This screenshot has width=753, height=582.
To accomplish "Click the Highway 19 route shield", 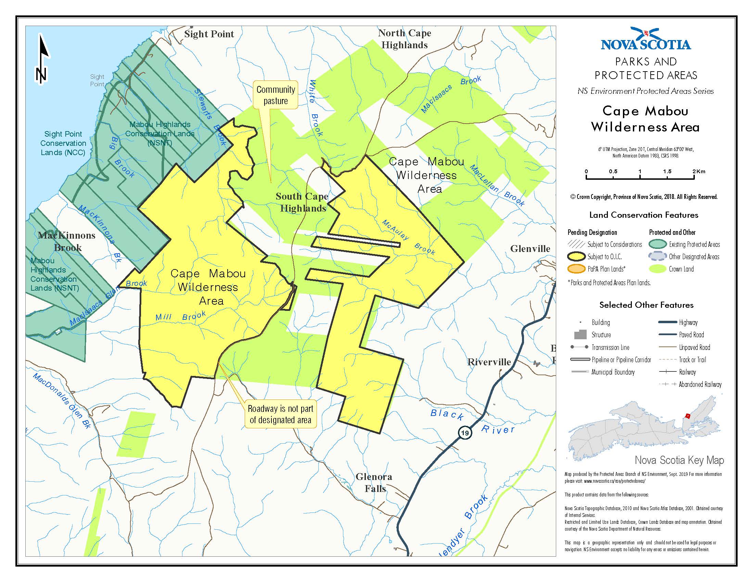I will (x=465, y=433).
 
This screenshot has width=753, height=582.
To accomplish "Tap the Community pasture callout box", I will (x=276, y=95).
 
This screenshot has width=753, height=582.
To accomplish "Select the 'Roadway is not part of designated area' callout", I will (x=280, y=414).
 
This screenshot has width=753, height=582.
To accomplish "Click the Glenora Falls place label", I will (x=374, y=482).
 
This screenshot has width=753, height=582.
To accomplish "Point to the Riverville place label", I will (x=489, y=362).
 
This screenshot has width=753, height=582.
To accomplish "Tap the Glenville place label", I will (x=530, y=249).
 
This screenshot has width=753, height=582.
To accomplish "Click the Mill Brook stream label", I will (x=180, y=317).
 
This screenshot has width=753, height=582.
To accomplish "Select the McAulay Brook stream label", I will (x=409, y=237).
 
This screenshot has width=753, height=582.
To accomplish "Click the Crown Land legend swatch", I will (x=657, y=269).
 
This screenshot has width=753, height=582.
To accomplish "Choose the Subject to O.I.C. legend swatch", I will (x=576, y=256).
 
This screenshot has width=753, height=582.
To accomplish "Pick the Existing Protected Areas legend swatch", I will (x=657, y=244).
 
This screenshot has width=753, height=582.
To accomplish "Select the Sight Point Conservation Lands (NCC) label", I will (x=63, y=143).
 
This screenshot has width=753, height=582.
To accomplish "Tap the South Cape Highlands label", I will (x=302, y=202).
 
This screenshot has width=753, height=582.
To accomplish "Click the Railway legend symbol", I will (x=667, y=372).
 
